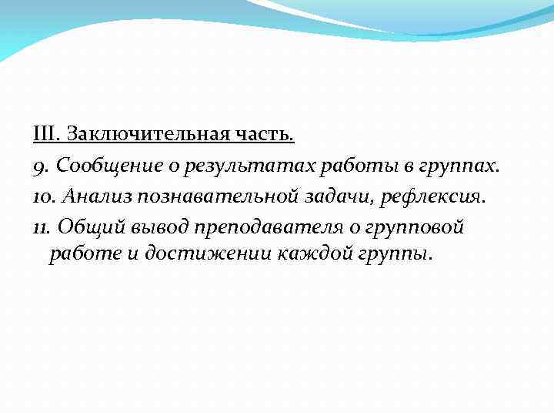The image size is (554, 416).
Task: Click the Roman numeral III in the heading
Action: [x=45, y=135]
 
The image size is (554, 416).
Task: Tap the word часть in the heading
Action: [x=268, y=135]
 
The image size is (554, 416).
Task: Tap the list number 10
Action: [x=43, y=196]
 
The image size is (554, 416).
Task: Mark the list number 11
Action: [x=42, y=226]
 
